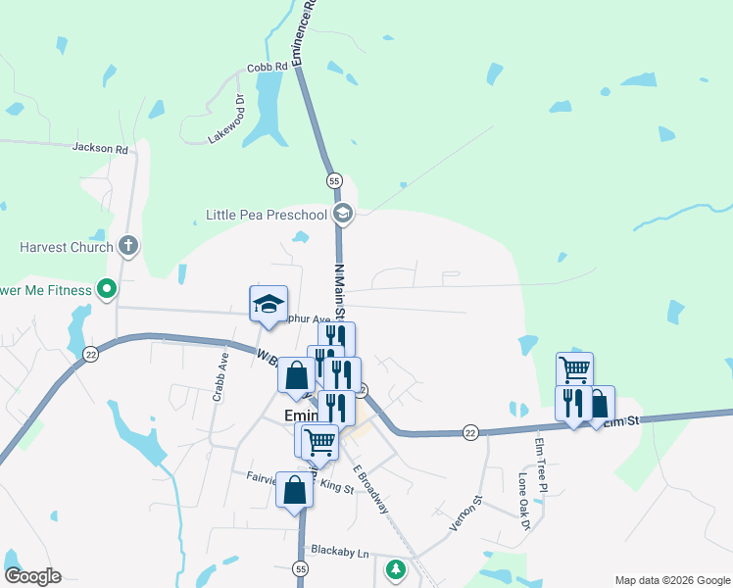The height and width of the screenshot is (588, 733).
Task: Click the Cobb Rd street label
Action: (x=267, y=67)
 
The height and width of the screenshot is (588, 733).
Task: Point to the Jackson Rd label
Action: (x=100, y=149)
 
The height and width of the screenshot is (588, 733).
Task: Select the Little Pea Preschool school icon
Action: (x=343, y=214)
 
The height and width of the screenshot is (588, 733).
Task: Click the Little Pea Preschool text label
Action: (x=266, y=215)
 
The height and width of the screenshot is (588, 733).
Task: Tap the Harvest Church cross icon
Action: (x=127, y=245)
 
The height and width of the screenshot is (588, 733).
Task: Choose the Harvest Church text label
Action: (x=66, y=247)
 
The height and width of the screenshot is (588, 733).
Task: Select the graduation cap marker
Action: (x=268, y=304)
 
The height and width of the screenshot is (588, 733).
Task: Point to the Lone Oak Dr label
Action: (x=524, y=502)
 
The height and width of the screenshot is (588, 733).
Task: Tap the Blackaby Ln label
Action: (x=338, y=553)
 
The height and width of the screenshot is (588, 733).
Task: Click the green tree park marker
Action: (x=395, y=568)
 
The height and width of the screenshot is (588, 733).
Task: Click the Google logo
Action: (x=32, y=576)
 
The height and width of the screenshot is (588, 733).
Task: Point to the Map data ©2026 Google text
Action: (x=671, y=580)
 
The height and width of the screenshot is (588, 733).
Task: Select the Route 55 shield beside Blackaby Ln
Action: (x=301, y=568)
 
